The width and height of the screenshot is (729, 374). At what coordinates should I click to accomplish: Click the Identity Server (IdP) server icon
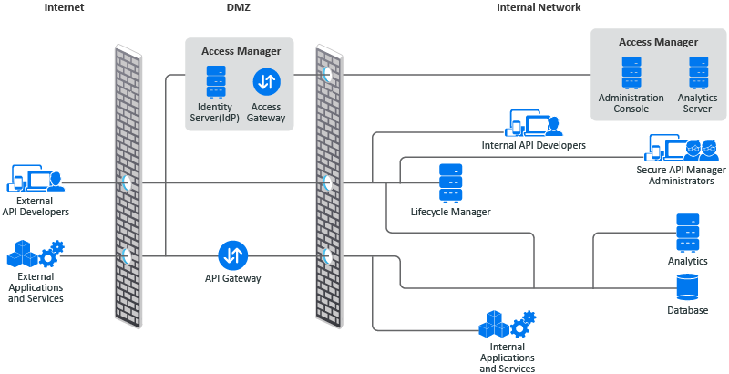(216, 81)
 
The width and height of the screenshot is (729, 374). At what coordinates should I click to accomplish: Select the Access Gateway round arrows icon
(267, 82)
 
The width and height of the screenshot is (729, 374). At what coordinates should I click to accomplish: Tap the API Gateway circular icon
(232, 255)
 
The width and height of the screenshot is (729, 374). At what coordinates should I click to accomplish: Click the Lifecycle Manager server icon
(450, 183)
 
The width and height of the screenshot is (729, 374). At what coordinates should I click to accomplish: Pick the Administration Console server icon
(631, 72)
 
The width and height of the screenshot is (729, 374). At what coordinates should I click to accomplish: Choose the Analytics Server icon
(698, 72)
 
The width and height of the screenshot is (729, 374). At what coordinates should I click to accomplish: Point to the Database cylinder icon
(687, 287)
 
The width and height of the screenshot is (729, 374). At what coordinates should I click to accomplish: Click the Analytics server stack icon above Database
(688, 233)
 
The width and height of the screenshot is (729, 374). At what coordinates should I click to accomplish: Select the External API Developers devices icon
(36, 177)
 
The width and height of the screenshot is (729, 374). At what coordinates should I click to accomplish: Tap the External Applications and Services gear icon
(36, 254)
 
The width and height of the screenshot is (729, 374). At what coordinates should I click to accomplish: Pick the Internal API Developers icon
(534, 123)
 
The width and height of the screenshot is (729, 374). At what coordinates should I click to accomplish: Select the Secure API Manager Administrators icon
(681, 148)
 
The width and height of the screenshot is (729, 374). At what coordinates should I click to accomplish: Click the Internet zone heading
(64, 7)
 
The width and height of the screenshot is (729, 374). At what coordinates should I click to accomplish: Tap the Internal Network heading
(539, 7)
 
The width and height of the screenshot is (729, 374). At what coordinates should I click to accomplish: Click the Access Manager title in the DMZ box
(241, 51)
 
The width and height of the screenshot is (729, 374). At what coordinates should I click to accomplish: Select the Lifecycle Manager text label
(450, 213)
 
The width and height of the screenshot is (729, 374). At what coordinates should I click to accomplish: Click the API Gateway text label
(232, 278)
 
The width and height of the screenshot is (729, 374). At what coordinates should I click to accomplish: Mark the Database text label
(687, 311)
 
